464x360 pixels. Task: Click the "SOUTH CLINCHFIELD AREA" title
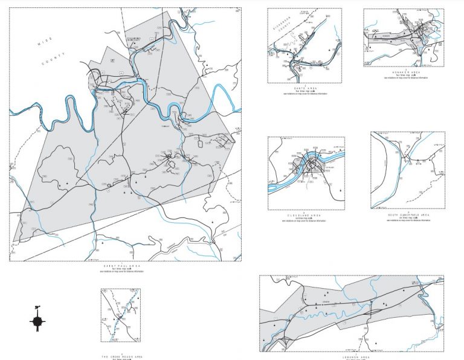(409, 214)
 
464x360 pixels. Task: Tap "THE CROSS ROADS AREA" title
(120, 353)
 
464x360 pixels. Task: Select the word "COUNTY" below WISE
(51, 60)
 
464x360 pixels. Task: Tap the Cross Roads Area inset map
(120, 315)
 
